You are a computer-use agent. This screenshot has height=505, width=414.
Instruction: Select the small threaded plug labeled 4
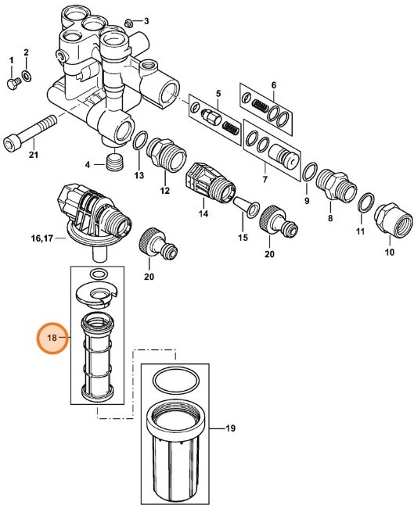pyautogui.click(x=117, y=164)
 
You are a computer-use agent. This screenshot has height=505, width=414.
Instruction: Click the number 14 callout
pyautogui.click(x=204, y=212)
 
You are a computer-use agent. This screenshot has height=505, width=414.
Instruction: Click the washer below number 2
pyautogui.click(x=27, y=76)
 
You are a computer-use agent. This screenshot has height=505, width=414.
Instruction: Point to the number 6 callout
pyautogui.click(x=274, y=84)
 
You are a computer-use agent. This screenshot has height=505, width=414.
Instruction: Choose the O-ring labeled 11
pyautogui.click(x=364, y=203)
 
